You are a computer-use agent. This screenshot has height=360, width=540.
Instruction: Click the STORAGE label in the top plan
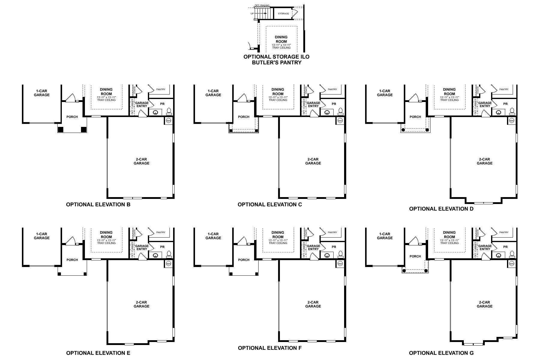[283, 13]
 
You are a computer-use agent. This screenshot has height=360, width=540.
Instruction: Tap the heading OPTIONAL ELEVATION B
[98, 205]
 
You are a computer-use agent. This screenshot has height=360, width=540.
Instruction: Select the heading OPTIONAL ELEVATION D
[441, 209]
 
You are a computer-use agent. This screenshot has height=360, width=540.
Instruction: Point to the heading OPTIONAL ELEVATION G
[441, 353]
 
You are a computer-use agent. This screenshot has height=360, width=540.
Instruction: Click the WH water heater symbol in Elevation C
[340, 121]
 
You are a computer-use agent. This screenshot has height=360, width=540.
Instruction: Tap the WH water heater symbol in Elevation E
[168, 264]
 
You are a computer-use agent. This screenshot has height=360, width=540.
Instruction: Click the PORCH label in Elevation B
[72, 117]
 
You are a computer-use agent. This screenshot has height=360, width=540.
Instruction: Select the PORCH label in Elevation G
[415, 256]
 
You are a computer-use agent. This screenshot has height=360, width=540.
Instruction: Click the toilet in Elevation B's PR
[169, 111]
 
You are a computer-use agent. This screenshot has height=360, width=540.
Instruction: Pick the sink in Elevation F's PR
[327, 256]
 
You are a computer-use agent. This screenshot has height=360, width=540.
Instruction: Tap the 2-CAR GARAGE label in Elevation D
[484, 161]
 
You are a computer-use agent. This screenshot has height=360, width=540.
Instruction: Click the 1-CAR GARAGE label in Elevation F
[213, 236]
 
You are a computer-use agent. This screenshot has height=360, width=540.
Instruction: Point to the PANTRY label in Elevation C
[332, 89]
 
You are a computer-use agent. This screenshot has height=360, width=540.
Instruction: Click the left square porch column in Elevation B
[61, 130]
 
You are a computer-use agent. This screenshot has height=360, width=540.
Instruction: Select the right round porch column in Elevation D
[427, 130]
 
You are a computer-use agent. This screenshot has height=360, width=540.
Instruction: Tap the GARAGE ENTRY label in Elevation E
[142, 247]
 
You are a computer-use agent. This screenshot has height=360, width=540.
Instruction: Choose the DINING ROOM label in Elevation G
[449, 235]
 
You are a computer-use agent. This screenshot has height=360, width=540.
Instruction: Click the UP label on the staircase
[252, 13]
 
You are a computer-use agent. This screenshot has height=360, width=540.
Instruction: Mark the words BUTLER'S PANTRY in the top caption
[276, 63]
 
